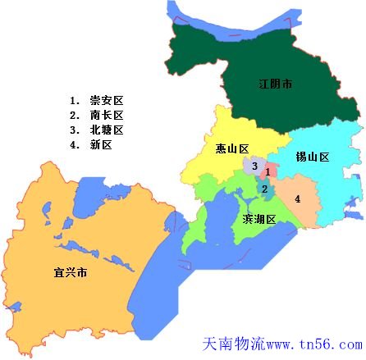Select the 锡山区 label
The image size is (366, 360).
point(313,157)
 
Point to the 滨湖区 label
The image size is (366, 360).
point(258,219)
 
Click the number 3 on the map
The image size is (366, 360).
point(255,167)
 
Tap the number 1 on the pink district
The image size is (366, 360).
point(268,172)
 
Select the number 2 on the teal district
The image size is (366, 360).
point(264,189)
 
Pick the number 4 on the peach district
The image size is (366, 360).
point(297,198)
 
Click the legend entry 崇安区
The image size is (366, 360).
point(107,101)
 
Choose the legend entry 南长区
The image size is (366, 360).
point(107,116)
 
